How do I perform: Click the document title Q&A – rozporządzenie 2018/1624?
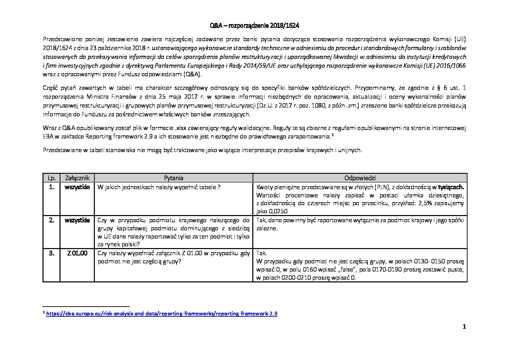(254, 26)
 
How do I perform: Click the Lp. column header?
(51, 178)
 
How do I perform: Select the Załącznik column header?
(77, 178)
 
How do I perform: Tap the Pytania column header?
(173, 178)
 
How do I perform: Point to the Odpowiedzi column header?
(360, 178)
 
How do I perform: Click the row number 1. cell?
(51, 187)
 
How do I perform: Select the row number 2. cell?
(51, 220)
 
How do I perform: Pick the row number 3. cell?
(51, 253)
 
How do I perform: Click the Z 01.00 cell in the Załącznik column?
(77, 253)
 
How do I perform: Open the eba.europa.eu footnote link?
(162, 314)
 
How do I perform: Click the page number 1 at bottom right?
(464, 327)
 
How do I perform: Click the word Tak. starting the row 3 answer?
(262, 253)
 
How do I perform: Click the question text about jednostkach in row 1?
(159, 187)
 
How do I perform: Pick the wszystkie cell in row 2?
(77, 220)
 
